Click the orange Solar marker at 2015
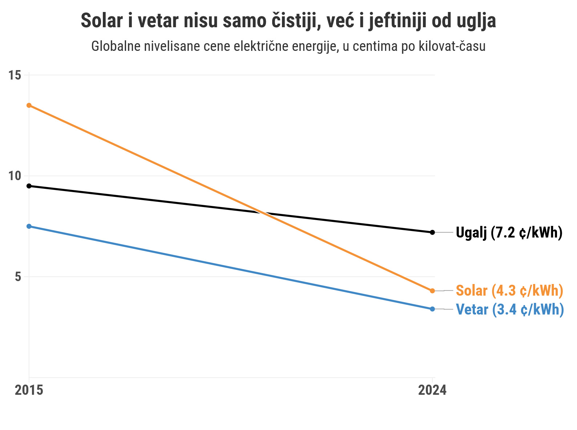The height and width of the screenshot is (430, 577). point(29,105)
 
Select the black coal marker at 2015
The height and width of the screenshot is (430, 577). point(29,186)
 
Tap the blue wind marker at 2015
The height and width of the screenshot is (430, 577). point(29,226)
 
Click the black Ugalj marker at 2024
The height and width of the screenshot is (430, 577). point(432,232)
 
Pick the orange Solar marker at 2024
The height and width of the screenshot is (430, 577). point(432,291)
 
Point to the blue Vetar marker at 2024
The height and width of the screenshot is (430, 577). point(432,309)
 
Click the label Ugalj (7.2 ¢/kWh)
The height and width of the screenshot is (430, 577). point(509,232)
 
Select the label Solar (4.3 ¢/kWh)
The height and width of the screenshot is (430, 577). point(509,291)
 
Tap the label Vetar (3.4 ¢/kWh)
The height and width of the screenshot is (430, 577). point(510,309)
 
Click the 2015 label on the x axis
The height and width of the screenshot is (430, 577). point(29,390)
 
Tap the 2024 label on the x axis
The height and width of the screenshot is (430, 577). point(432,390)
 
